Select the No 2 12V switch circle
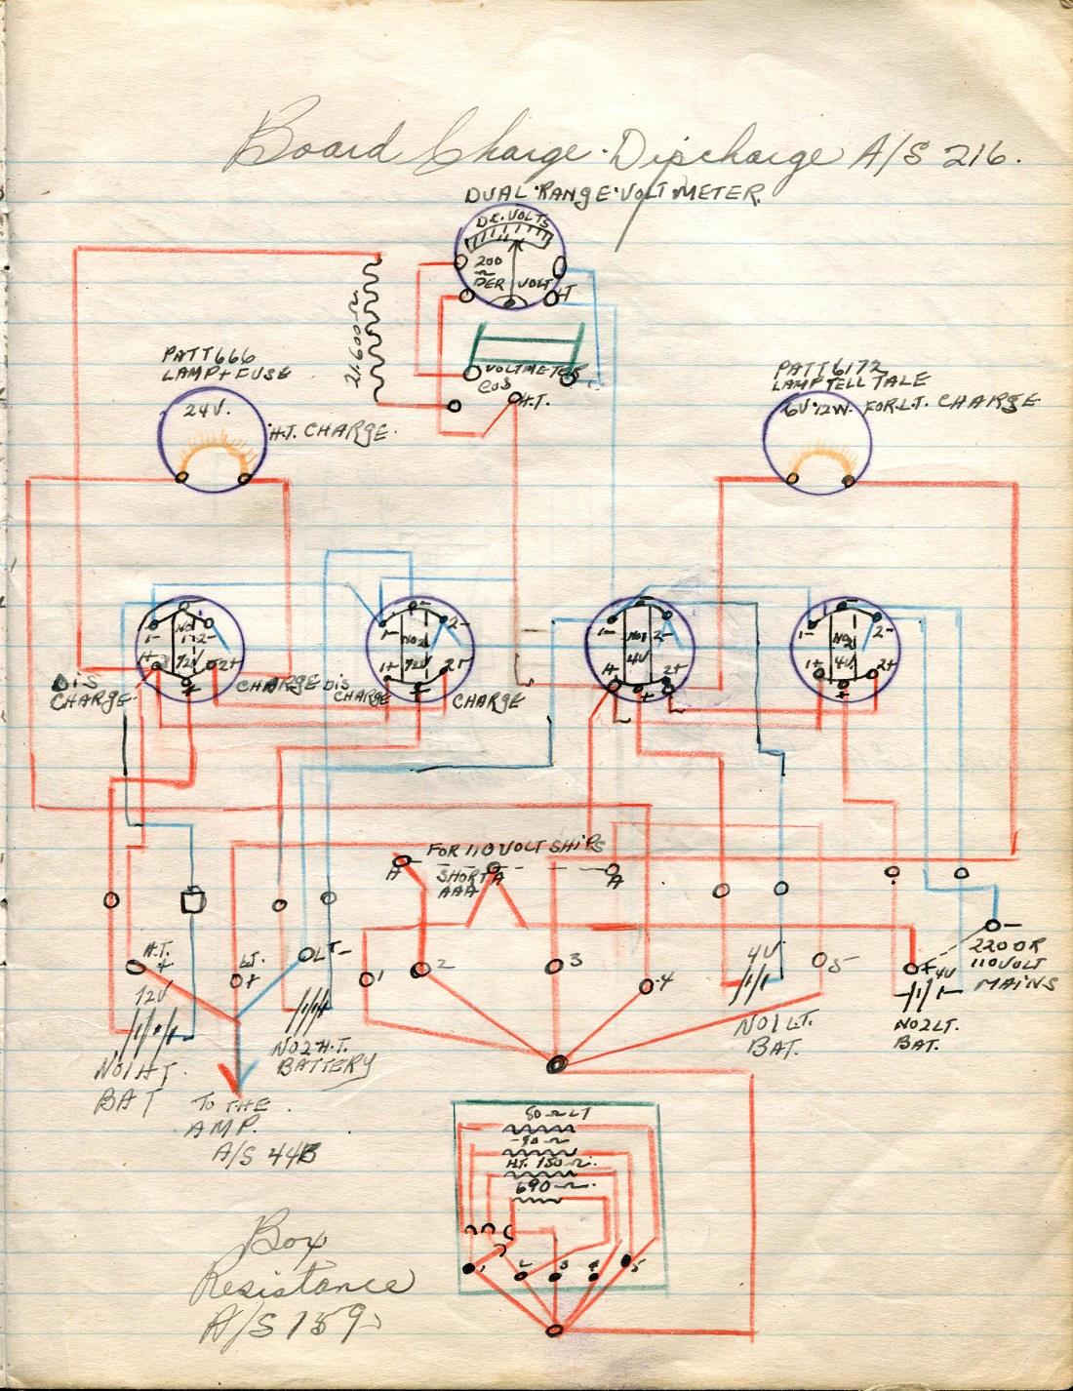point(419,647)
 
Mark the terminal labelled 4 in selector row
point(647,985)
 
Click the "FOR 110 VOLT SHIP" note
point(515,848)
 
